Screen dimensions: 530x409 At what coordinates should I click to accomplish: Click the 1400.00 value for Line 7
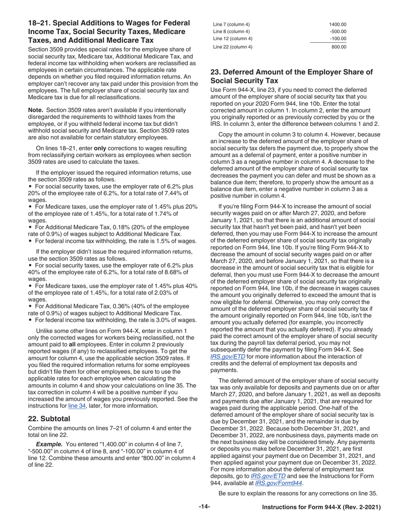pos(338,25)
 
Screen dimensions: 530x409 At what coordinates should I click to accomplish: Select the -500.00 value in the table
pos(338,32)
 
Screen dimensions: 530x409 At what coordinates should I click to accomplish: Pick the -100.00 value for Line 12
pos(338,39)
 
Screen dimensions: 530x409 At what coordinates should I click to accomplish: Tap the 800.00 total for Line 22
pos(339,47)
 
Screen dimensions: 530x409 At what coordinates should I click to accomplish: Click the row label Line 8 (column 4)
pos(232,32)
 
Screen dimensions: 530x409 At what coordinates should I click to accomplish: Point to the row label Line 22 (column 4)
pos(233,47)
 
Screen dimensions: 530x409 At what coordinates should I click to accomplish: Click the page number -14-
pos(204,507)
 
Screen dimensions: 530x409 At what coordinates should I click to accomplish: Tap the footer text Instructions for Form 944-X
pos(321,508)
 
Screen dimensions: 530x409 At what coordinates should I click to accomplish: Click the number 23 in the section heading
pos(215,72)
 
